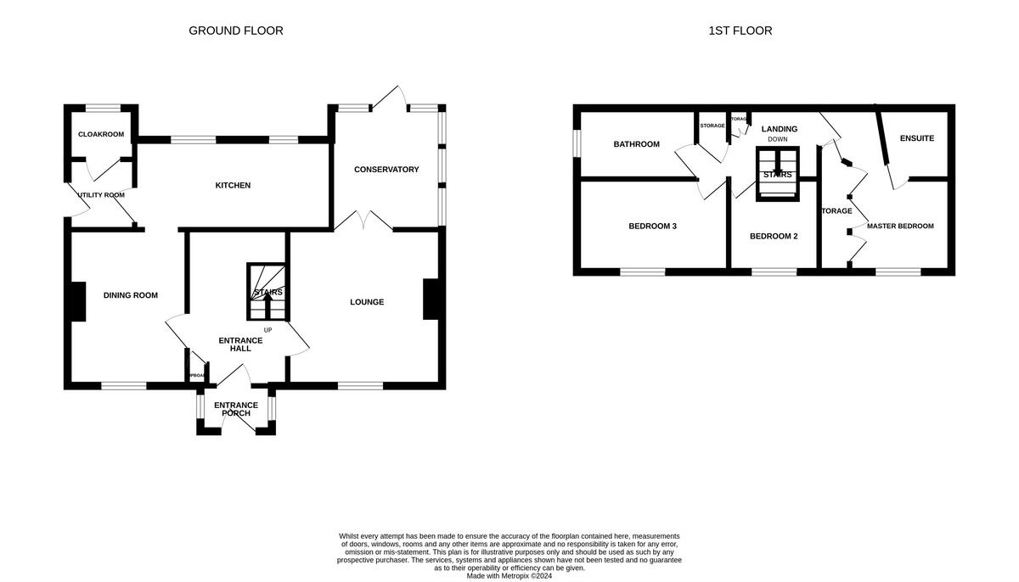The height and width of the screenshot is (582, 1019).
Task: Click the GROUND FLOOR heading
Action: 235,31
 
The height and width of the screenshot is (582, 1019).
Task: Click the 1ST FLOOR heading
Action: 740,31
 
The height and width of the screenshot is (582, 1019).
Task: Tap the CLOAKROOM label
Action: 101,134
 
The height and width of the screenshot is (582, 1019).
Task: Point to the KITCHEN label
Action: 233,185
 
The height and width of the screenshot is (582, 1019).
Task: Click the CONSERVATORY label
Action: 386,170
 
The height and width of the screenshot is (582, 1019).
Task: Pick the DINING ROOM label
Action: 131,295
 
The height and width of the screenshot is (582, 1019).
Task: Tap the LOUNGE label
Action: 367,302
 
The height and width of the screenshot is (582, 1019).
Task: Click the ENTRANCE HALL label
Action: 240,344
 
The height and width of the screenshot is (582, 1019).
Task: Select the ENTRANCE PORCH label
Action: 235,409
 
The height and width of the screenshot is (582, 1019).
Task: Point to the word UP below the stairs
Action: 267,330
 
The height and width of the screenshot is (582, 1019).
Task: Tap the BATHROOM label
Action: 636,144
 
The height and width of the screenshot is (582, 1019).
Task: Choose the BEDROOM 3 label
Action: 652,227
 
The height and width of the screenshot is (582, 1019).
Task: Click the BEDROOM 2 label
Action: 774,237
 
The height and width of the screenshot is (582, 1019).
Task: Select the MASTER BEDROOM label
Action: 899,227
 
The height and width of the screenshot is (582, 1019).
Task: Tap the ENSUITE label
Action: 917,138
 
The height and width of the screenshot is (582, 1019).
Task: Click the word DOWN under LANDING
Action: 778,139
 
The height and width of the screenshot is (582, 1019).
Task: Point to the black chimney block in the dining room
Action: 77,301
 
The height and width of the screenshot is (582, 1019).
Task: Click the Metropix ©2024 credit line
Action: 509,576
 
